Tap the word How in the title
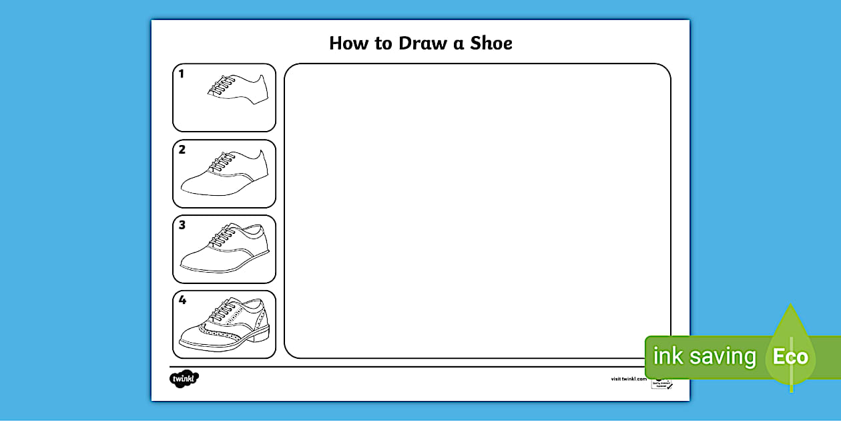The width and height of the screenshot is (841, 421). pos(350,44)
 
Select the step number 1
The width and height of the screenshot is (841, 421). pos(182,74)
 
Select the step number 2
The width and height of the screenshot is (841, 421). pos(182,150)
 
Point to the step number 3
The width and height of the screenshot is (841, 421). pos(182,225)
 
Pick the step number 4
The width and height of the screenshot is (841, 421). pos(182,301)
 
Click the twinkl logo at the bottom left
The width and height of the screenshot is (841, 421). pos(184,379)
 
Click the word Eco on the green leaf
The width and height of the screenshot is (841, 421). pos(790,356)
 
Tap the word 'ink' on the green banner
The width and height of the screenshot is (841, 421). pos(667,356)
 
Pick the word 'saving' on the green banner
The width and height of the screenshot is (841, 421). pos(723,357)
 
